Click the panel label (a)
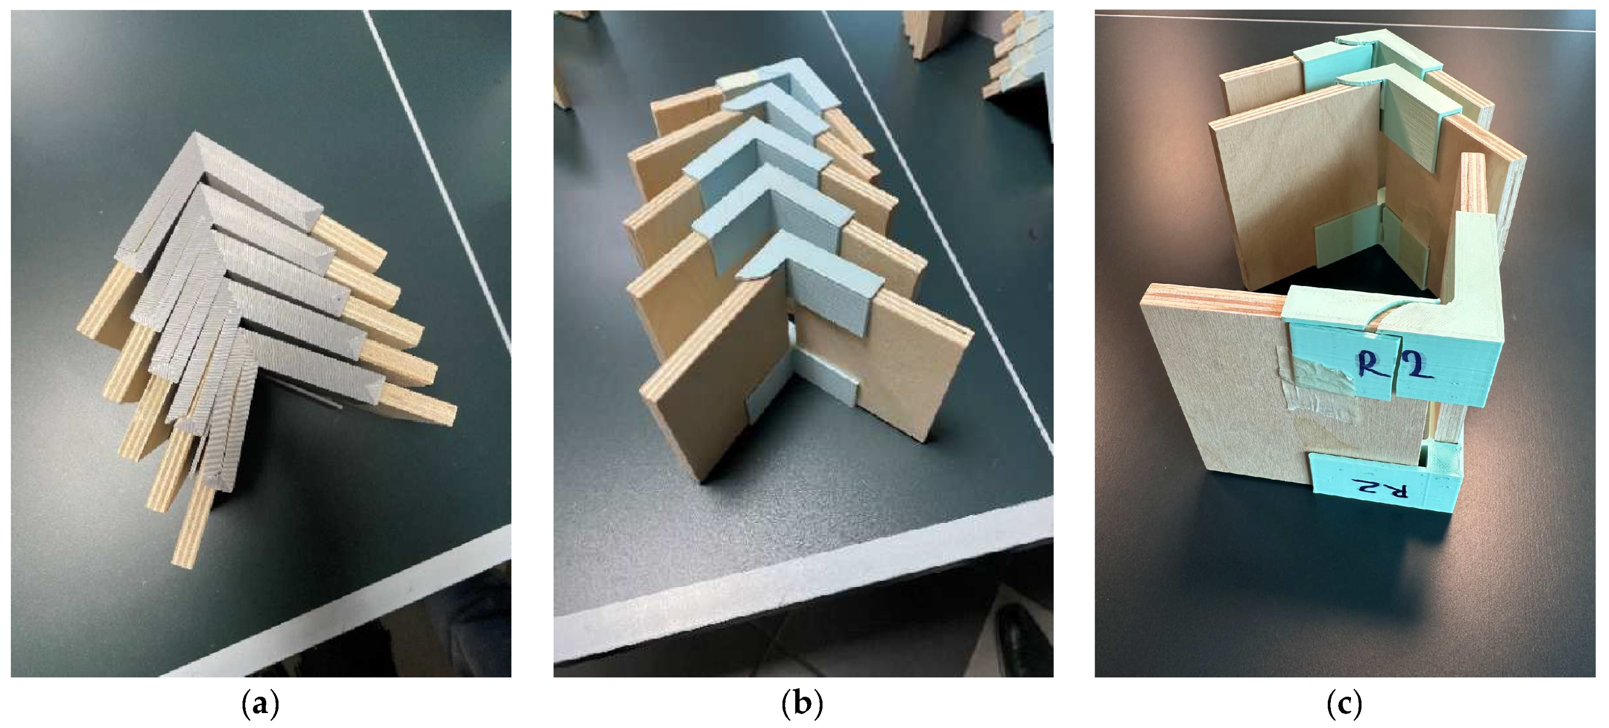260,705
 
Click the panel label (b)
802,705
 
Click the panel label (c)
1344,705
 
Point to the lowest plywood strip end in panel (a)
194,537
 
